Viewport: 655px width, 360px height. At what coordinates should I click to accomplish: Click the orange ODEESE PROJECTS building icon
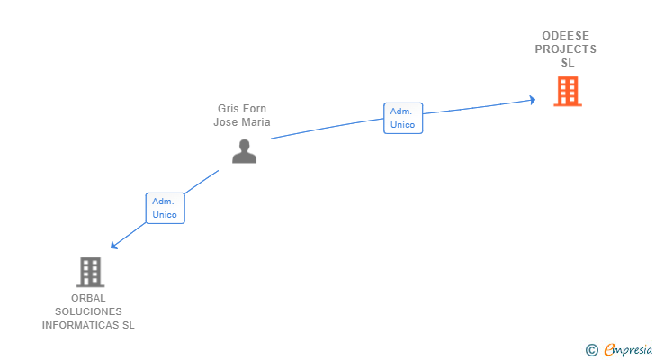tap(567, 92)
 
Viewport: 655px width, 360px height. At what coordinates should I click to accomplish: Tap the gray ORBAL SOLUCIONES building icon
tap(89, 272)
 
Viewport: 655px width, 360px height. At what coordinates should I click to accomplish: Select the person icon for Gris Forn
tap(244, 151)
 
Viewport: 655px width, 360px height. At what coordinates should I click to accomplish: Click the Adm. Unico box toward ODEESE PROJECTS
tap(402, 118)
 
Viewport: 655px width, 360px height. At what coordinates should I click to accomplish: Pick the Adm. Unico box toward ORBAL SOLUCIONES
tap(165, 208)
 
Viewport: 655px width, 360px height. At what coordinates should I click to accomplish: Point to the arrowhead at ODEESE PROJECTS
tap(532, 100)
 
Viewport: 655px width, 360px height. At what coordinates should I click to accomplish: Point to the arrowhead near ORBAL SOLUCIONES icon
tap(114, 246)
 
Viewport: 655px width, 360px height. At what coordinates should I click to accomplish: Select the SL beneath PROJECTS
tap(567, 63)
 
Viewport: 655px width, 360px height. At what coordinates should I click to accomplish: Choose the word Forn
tap(256, 109)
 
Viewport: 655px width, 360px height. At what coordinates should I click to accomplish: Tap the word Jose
tap(226, 122)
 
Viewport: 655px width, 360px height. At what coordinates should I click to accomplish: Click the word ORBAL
tap(88, 298)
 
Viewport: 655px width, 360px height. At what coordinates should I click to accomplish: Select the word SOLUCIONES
tap(88, 311)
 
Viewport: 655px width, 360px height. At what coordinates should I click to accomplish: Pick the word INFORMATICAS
tap(81, 325)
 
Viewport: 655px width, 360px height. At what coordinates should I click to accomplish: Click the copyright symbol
tap(591, 350)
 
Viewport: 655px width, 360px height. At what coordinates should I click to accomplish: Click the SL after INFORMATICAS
tap(128, 325)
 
